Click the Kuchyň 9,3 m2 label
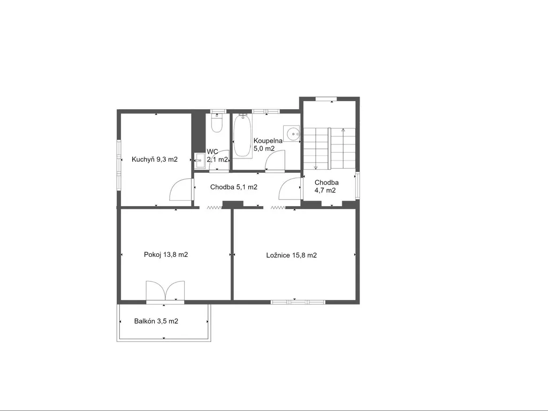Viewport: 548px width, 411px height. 155,159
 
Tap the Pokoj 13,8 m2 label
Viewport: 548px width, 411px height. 166,254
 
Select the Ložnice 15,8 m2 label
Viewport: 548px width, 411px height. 292,255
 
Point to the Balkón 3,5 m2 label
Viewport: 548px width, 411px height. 156,321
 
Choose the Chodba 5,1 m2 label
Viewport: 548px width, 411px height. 234,187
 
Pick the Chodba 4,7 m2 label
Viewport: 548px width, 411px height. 326,186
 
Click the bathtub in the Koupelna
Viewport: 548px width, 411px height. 242,136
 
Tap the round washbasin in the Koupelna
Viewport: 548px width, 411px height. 292,133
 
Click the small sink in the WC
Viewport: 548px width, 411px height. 200,161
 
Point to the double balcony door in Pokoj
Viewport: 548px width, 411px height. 165,291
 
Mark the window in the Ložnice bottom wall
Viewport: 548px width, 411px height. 298,302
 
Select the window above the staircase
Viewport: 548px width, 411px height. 326,99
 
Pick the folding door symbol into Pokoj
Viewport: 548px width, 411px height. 215,208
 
